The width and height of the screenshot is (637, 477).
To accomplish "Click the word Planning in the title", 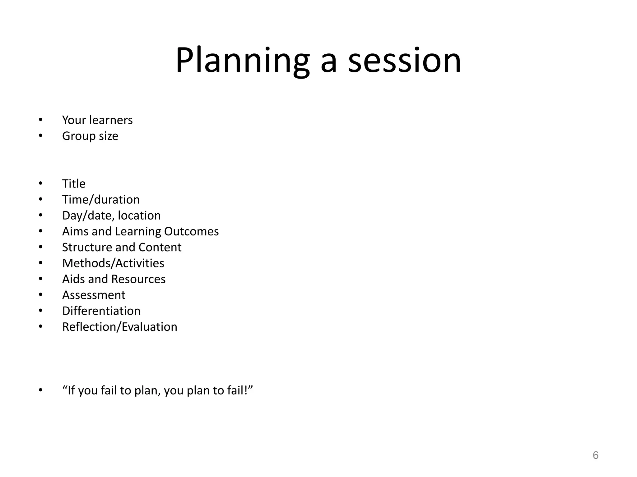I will point(243,61).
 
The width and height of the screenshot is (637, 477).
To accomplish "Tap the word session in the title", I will point(404,61).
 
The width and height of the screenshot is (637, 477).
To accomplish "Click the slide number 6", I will point(595,455).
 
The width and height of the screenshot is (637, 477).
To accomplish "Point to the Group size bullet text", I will point(90,136).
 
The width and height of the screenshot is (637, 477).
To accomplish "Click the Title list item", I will point(74,184).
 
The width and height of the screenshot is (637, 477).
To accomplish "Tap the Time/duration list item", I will point(101,200).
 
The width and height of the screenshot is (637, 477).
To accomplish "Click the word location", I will point(139,216).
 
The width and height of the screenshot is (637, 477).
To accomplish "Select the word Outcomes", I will point(191,231).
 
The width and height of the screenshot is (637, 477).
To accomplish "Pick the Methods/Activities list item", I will point(113,263).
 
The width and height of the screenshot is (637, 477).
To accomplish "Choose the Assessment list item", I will point(94,295).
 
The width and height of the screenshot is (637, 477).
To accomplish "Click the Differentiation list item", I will point(101,311).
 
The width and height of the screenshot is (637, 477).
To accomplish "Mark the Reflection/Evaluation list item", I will point(120,327).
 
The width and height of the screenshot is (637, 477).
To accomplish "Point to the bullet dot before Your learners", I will point(41,120).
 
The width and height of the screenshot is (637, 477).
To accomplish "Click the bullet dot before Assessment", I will point(41,295).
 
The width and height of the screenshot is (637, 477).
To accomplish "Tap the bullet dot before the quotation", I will point(41,390).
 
